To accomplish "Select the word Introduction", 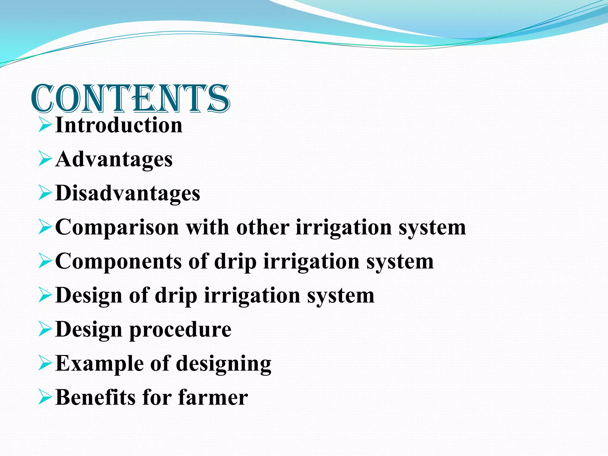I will tap(119, 125).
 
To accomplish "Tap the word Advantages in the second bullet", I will tap(114, 159).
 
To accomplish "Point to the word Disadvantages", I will tap(128, 193).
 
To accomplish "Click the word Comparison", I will tap(117, 228).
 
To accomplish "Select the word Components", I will tap(118, 262).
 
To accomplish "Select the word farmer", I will tap(213, 398).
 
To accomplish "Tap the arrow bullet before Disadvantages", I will tap(45, 194).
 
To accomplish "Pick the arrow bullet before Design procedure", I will tap(45, 330).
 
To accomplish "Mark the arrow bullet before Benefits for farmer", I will tap(45, 398).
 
